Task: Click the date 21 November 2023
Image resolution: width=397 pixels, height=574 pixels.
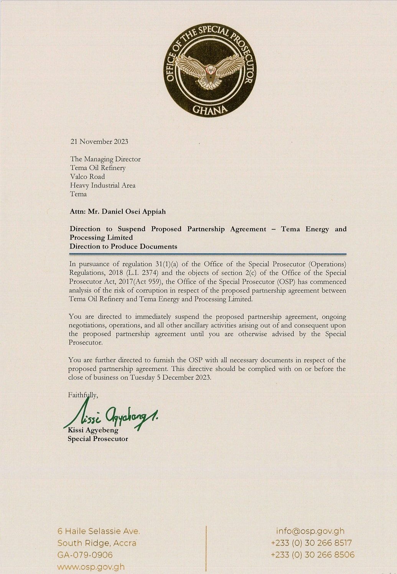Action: point(99,142)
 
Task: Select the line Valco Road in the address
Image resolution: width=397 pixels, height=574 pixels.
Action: point(87,176)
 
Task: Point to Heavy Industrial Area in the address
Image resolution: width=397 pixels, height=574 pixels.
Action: point(102,185)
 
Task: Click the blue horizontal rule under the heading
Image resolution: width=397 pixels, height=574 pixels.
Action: point(208,254)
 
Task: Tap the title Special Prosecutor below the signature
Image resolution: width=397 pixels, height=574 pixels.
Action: point(98,439)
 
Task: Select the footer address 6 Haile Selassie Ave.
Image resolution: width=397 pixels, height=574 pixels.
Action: point(99,531)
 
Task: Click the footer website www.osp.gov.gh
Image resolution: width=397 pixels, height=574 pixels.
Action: point(91,567)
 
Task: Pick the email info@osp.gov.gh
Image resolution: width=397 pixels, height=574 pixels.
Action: point(310,531)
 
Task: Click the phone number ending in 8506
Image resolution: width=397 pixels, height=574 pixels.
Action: point(313,555)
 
